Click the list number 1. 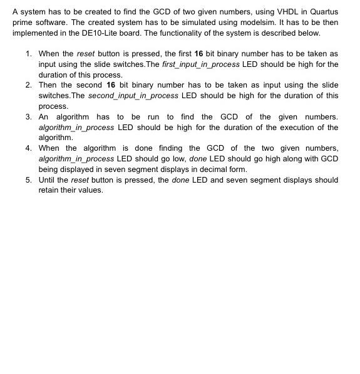tap(29, 54)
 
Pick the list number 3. tap(29, 117)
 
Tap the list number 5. tap(29, 180)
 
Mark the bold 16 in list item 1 tap(198, 54)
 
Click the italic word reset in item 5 tap(80, 180)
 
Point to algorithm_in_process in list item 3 tap(76, 128)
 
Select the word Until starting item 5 tap(48, 180)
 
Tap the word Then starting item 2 tap(48, 85)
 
